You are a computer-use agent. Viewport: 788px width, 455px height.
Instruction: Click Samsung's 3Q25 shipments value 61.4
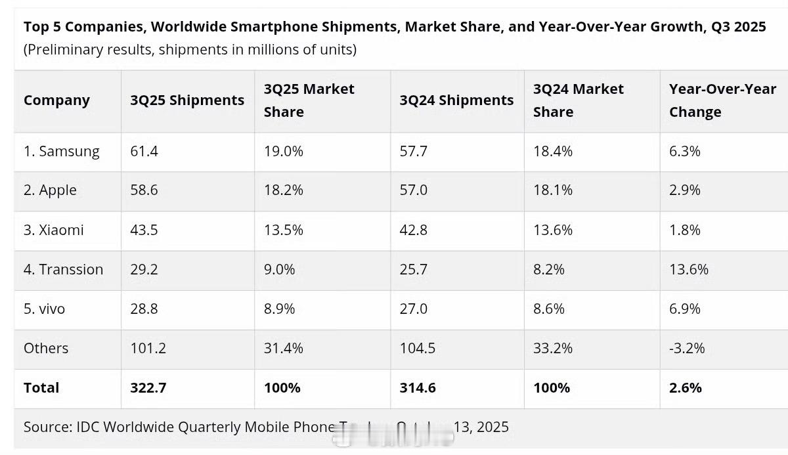pos(144,151)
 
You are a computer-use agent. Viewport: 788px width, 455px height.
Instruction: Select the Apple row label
pos(50,190)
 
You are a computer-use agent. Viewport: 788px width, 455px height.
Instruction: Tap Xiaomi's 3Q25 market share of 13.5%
pos(284,230)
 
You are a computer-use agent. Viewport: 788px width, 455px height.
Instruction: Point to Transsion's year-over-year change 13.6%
pos(689,269)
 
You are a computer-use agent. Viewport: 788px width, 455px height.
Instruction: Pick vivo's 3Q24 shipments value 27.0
pos(414,309)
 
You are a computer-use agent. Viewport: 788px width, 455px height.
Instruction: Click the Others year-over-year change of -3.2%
pos(687,348)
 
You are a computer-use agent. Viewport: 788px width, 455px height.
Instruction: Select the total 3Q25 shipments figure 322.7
pos(148,387)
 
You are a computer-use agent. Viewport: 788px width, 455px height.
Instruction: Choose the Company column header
pos(56,100)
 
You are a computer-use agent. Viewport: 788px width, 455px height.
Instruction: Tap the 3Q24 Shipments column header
pos(456,100)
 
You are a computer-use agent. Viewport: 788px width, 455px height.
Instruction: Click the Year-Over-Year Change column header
pos(722,100)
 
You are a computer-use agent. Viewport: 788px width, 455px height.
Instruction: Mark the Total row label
pos(41,387)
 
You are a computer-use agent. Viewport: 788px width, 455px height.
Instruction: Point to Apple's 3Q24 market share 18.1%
pos(553,190)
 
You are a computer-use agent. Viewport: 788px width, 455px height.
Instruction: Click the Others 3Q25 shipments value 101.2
pos(148,348)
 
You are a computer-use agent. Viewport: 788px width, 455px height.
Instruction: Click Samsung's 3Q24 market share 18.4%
pos(553,151)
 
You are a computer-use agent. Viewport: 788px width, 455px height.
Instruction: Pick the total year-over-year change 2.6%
pos(686,387)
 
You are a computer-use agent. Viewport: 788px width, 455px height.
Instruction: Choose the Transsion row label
pos(64,269)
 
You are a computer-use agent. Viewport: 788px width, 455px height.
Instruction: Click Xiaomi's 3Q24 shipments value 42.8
pos(414,230)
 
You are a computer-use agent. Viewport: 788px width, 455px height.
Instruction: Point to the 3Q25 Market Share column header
pos(309,100)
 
